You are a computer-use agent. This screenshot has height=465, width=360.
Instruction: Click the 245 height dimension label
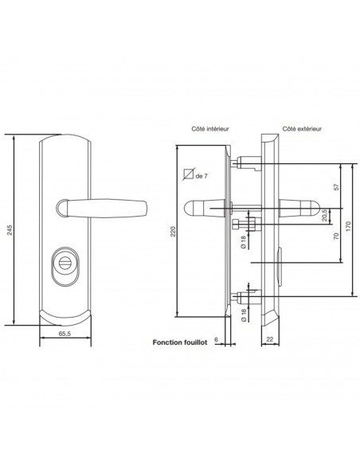coord(10,230)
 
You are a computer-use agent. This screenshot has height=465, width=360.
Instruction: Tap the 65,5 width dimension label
coord(65,334)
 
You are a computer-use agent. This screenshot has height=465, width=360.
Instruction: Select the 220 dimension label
coord(173,232)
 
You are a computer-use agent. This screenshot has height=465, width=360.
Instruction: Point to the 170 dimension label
coord(348,226)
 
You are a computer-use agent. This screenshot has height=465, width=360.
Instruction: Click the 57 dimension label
coord(336,187)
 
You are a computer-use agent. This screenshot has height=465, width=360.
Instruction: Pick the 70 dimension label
coord(336,236)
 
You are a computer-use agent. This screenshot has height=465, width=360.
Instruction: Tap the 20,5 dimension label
coord(324,215)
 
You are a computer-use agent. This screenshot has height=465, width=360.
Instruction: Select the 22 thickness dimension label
coord(269,339)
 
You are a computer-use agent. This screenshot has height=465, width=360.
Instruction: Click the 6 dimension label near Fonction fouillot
coord(216,339)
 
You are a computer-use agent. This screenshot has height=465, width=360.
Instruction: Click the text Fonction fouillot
coord(180,342)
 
